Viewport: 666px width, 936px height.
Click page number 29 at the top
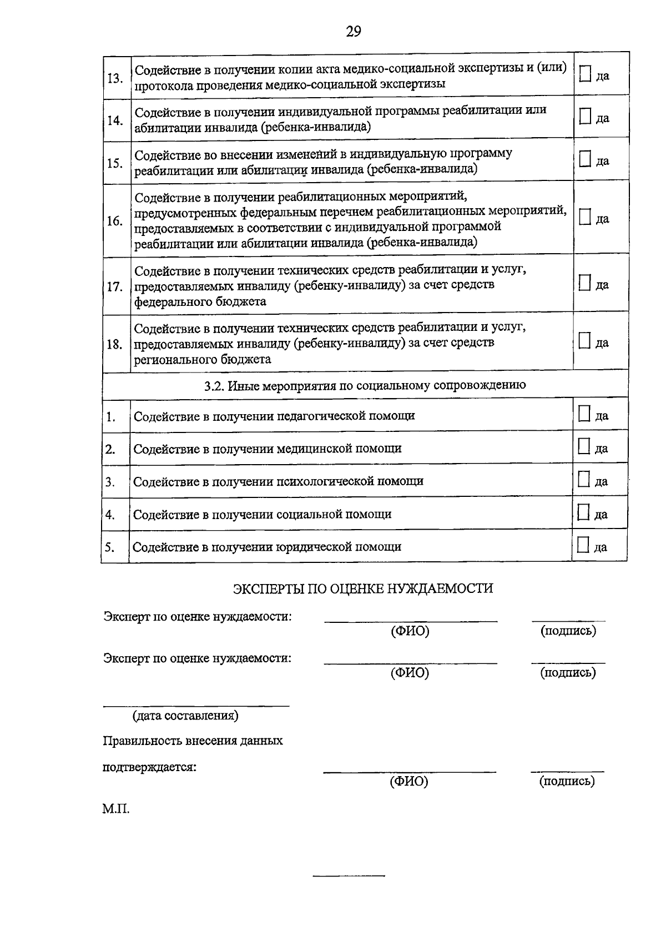pyautogui.click(x=354, y=31)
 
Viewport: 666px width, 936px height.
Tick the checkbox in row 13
pyautogui.click(x=584, y=74)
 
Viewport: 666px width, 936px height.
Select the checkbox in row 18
pyautogui.click(x=584, y=341)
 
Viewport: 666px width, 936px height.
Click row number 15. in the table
pyautogui.click(x=115, y=163)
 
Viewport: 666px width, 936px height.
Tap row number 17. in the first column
pyautogui.click(x=115, y=287)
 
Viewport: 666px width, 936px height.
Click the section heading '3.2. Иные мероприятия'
pyautogui.click(x=365, y=385)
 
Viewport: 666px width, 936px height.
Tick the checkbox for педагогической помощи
pyautogui.click(x=584, y=414)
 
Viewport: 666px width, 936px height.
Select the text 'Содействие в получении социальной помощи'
pyautogui.click(x=262, y=514)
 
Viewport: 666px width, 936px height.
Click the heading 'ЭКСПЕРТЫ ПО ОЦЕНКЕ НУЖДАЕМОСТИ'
pyautogui.click(x=362, y=588)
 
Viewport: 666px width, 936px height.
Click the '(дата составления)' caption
pyautogui.click(x=185, y=715)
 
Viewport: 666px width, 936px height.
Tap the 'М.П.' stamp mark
pyautogui.click(x=115, y=809)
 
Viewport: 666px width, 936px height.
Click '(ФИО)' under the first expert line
pyautogui.click(x=410, y=631)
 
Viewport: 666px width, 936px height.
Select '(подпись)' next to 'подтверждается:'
pyautogui.click(x=567, y=781)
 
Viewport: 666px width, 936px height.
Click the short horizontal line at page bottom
pyautogui.click(x=349, y=876)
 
